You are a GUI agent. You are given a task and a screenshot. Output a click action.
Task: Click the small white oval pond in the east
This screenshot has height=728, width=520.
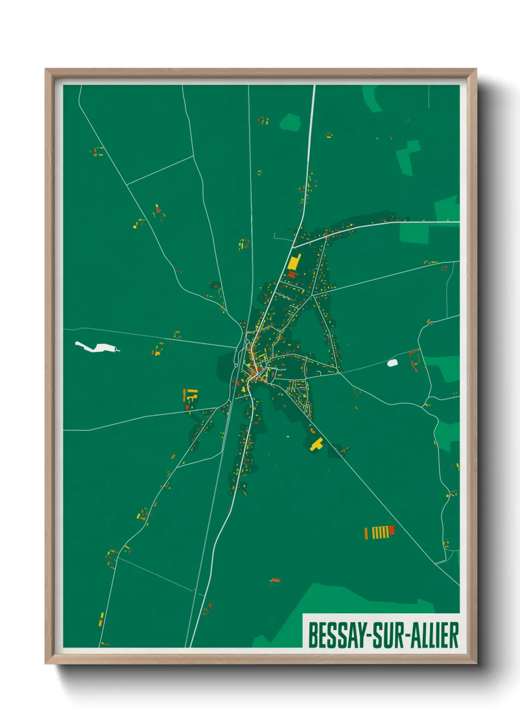coord(392,363)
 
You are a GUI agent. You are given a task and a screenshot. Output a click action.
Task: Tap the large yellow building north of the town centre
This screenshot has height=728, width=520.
coord(294,263)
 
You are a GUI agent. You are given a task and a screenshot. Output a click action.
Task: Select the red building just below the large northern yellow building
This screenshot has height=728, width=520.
coord(292,275)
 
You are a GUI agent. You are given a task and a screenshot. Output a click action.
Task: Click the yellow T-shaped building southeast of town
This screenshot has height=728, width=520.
coord(317,445)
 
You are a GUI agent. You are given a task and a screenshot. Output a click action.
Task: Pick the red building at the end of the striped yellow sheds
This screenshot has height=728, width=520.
coord(392,530)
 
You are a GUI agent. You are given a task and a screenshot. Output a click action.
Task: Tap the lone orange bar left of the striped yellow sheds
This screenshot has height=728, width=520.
coord(366,533)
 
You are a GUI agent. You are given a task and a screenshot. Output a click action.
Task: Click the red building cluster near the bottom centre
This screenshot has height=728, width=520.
coord(275,580)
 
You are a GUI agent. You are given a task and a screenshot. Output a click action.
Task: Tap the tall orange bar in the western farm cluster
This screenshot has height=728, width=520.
coord(185,394)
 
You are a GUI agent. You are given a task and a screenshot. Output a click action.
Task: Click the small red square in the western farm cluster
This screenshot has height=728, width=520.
coord(187,407)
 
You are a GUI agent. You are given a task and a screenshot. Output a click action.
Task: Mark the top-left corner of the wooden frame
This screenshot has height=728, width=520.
coord(46,70)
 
